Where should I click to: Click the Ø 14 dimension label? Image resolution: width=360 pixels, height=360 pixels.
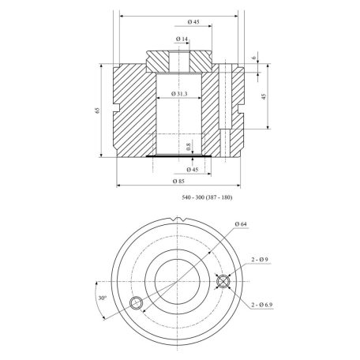(x=182, y=38)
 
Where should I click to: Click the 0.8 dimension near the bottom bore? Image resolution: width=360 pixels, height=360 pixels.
(x=188, y=145)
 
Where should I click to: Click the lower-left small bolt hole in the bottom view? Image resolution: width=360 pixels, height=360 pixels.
(x=136, y=302)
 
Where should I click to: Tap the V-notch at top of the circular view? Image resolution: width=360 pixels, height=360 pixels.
(x=180, y=228)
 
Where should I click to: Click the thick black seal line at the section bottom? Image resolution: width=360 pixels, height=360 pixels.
(x=181, y=158)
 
